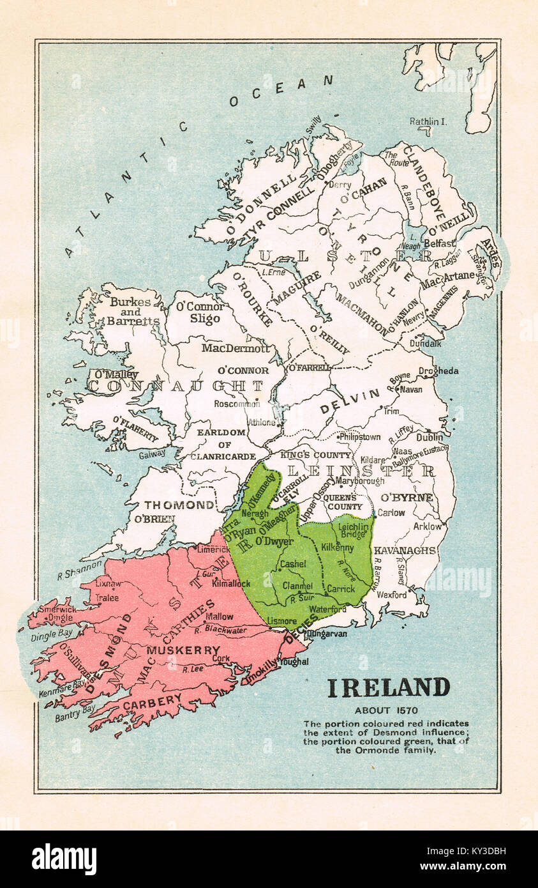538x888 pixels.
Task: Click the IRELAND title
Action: tap(388, 688)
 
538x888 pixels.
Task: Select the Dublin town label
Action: tap(430, 438)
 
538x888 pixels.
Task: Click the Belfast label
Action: tap(439, 243)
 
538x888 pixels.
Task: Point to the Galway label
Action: tap(152, 453)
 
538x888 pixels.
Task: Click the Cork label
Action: tap(221, 658)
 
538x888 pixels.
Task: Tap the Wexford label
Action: tap(391, 595)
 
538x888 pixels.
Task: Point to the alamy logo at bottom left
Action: tap(64, 859)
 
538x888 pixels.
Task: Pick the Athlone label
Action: tap(261, 422)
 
